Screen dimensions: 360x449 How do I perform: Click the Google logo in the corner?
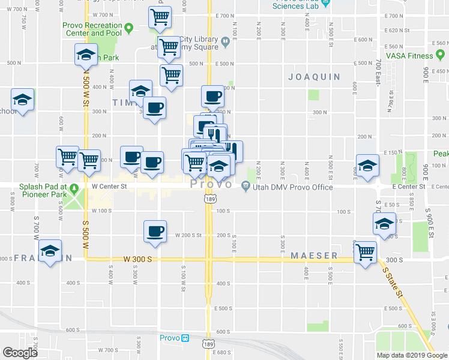[x=20, y=353]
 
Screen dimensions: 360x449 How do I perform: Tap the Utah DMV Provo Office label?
[x=293, y=187]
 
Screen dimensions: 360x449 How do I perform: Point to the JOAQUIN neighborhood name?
[x=314, y=77]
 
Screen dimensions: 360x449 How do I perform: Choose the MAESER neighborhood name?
[x=314, y=256]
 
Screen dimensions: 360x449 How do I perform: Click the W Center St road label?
[x=109, y=187]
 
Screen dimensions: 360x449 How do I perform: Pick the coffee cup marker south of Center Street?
[x=155, y=232]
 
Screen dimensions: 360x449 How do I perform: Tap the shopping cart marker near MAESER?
[x=364, y=252]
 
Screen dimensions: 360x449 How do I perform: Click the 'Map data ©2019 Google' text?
[x=411, y=355]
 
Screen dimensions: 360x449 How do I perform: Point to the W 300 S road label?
[x=138, y=259]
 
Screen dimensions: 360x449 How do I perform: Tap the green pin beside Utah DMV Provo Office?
[x=246, y=187]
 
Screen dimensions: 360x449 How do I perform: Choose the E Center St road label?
[x=409, y=187]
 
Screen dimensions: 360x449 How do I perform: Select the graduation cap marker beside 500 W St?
[x=86, y=55]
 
